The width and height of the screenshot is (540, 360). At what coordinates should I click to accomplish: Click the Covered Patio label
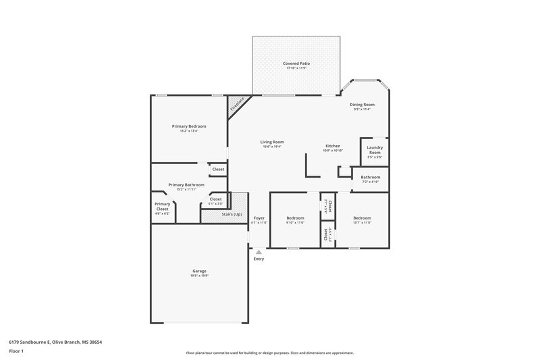(x=298, y=63)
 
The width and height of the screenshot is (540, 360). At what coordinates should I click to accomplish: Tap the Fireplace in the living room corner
(x=238, y=105)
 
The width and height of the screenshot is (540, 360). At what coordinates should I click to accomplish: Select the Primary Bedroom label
(x=188, y=126)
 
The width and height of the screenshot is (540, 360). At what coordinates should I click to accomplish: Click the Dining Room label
(x=361, y=105)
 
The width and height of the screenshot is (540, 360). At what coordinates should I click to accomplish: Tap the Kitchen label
(x=333, y=146)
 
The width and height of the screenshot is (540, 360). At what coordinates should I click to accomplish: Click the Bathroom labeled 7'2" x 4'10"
(x=370, y=179)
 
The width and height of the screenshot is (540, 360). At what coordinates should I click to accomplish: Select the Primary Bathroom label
(x=186, y=184)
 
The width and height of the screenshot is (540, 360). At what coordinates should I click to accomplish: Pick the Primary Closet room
(x=162, y=206)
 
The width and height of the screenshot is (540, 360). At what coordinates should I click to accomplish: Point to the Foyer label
(x=259, y=218)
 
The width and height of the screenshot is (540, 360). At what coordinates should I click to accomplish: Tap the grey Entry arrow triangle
(x=259, y=252)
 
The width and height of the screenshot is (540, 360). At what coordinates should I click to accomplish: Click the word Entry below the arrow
(x=259, y=259)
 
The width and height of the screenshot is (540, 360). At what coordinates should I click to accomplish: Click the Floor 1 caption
(x=17, y=351)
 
